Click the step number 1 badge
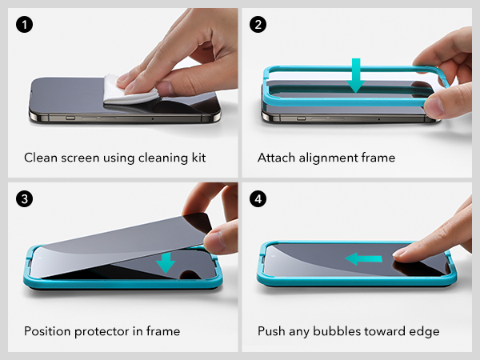[24, 25]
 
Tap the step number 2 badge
[258, 25]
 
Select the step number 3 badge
[24, 199]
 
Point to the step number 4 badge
[258, 199]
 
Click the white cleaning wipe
[129, 90]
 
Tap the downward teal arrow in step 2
[356, 75]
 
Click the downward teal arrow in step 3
[166, 262]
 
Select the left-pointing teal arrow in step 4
[363, 259]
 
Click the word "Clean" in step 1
[41, 158]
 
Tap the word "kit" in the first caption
[198, 158]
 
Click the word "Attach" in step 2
[276, 158]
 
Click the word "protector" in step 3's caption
[102, 332]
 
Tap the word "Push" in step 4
[271, 331]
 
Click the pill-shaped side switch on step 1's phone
[70, 118]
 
